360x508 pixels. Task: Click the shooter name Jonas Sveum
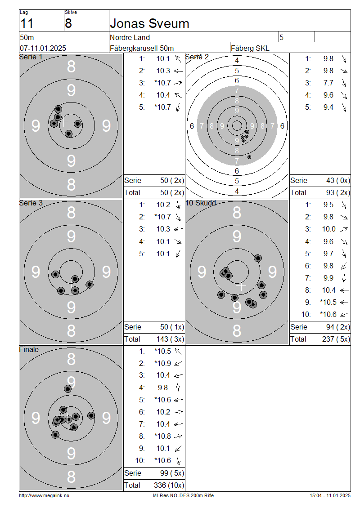point(149,24)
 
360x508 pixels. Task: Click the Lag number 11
point(27,24)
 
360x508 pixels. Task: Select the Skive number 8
point(68,24)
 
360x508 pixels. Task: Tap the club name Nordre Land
point(130,38)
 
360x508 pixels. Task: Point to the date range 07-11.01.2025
point(43,48)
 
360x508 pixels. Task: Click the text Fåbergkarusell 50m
point(142,48)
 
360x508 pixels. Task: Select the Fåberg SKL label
point(250,48)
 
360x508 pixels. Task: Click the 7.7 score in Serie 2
point(328,83)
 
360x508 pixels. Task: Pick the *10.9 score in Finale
point(162,364)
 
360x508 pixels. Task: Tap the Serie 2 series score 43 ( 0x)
point(338,180)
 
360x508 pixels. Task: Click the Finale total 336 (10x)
point(169,486)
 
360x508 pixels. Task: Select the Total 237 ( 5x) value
point(338,339)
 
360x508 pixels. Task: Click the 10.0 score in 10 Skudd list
point(328,229)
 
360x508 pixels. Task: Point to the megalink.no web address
point(44,495)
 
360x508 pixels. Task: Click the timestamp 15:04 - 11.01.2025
point(330,495)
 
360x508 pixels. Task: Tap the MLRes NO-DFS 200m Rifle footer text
point(183,495)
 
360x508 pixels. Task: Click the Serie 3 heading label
point(31,203)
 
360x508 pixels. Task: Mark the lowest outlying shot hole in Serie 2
point(249,157)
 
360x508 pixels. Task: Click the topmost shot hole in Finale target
point(68,389)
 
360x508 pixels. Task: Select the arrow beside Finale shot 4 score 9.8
point(178,388)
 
